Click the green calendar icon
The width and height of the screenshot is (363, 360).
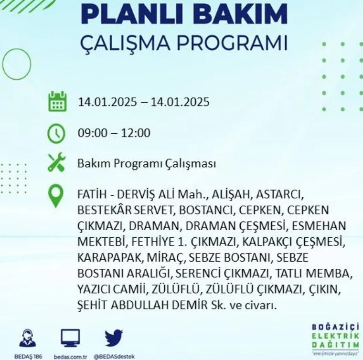click(57, 102)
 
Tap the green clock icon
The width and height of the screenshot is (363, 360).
click(56, 134)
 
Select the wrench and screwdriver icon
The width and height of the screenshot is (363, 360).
click(56, 162)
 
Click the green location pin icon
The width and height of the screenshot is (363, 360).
click(56, 196)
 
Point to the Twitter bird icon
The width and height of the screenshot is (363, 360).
click(114, 338)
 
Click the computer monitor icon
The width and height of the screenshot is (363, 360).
click(70, 338)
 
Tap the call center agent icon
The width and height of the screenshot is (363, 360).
click(27, 338)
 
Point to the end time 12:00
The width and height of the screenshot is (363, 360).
click(136, 133)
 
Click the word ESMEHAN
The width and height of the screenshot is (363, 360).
click(319, 226)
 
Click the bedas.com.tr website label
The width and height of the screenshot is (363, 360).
click(70, 357)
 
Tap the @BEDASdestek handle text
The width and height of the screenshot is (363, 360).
click(114, 357)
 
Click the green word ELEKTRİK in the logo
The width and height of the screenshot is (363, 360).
click(335, 336)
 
